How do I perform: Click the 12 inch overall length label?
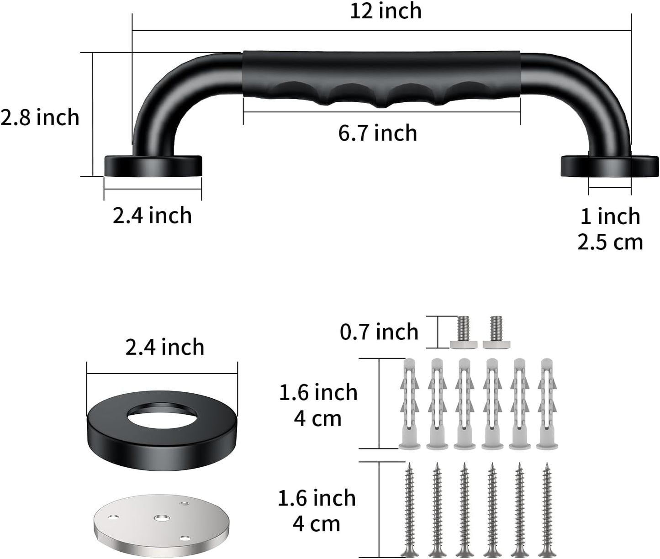385,11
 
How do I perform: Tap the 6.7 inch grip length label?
378,133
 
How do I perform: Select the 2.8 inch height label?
40,118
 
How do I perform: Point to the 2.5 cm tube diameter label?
610,242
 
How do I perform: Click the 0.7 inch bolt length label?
379,332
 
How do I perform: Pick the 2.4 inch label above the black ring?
165,347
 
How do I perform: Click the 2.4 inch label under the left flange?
152,215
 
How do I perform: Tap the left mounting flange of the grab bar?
153,166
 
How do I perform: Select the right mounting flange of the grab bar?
609,166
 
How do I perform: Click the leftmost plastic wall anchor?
409,404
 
